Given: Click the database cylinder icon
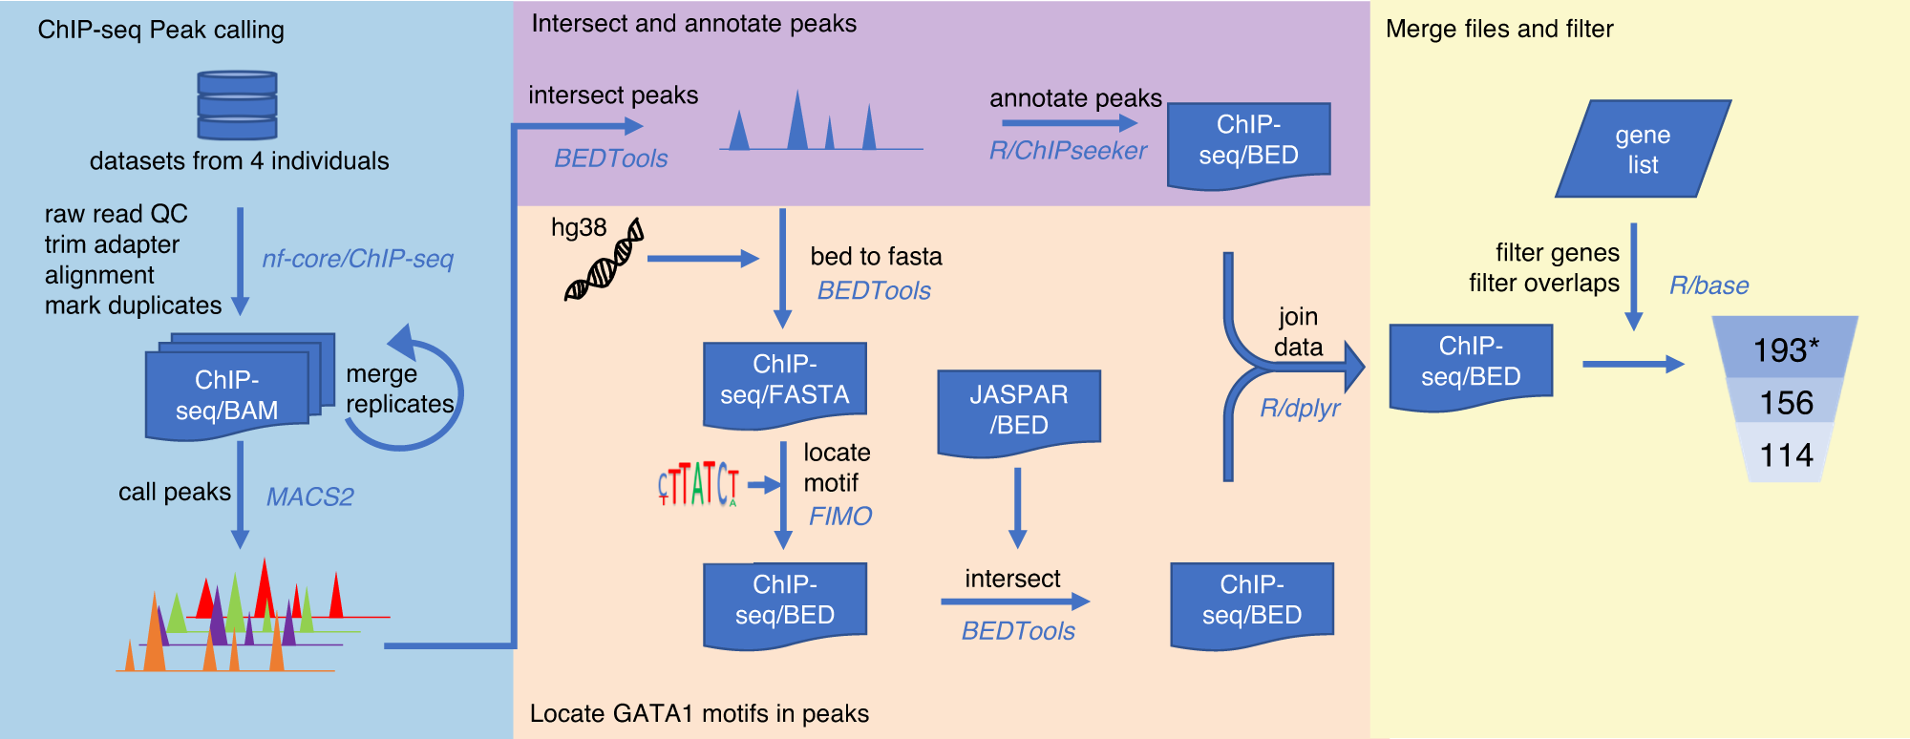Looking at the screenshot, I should [237, 105].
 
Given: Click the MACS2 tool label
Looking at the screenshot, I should [309, 497].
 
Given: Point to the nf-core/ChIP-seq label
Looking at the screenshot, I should [357, 259].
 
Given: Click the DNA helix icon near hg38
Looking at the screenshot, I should [605, 261].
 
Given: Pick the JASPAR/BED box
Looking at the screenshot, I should [1018, 411].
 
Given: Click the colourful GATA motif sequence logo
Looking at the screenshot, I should [698, 484].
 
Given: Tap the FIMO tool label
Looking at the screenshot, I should [839, 517].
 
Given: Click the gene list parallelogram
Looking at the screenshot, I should [1643, 149].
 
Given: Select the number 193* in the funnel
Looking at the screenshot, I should [1785, 350].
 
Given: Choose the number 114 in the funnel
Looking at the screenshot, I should [1785, 455].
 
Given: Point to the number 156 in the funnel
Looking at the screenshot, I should [1785, 403].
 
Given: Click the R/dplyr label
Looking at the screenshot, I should [1300, 409].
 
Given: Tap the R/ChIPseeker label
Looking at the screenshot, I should [1067, 151].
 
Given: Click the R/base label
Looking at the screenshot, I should [1708, 285].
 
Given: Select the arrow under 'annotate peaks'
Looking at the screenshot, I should [1069, 123].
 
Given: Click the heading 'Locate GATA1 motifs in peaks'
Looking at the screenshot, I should [699, 714].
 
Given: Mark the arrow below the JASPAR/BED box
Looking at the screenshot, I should [1017, 507].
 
